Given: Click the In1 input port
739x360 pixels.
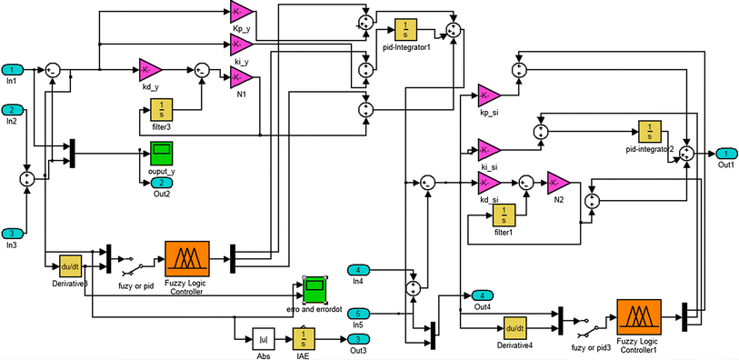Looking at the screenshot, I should [x=12, y=70].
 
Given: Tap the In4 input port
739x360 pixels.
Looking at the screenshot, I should [x=359, y=270].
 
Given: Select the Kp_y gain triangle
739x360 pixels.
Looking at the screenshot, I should [x=242, y=12].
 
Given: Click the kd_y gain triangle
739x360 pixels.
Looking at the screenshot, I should [x=150, y=69].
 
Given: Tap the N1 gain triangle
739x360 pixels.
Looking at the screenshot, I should [x=241, y=79].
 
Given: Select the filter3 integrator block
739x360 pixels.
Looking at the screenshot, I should [x=162, y=113].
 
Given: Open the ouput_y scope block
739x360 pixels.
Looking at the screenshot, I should [x=162, y=153].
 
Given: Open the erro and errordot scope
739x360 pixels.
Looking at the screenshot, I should [x=314, y=291].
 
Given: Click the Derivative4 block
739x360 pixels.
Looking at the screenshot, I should [x=514, y=328].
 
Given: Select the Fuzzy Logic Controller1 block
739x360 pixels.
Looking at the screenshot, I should [x=644, y=318].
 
